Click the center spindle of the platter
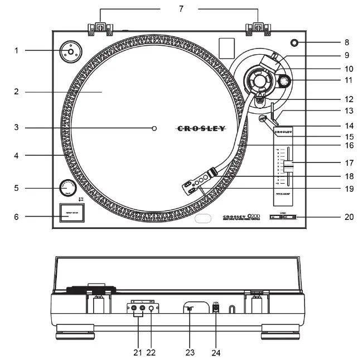pos(154,128)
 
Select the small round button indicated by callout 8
pos(294,43)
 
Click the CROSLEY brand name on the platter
pos(201,128)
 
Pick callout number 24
pos(217,352)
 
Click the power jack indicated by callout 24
pos(217,308)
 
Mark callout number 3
pos(17,128)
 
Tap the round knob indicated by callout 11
pos(284,82)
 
